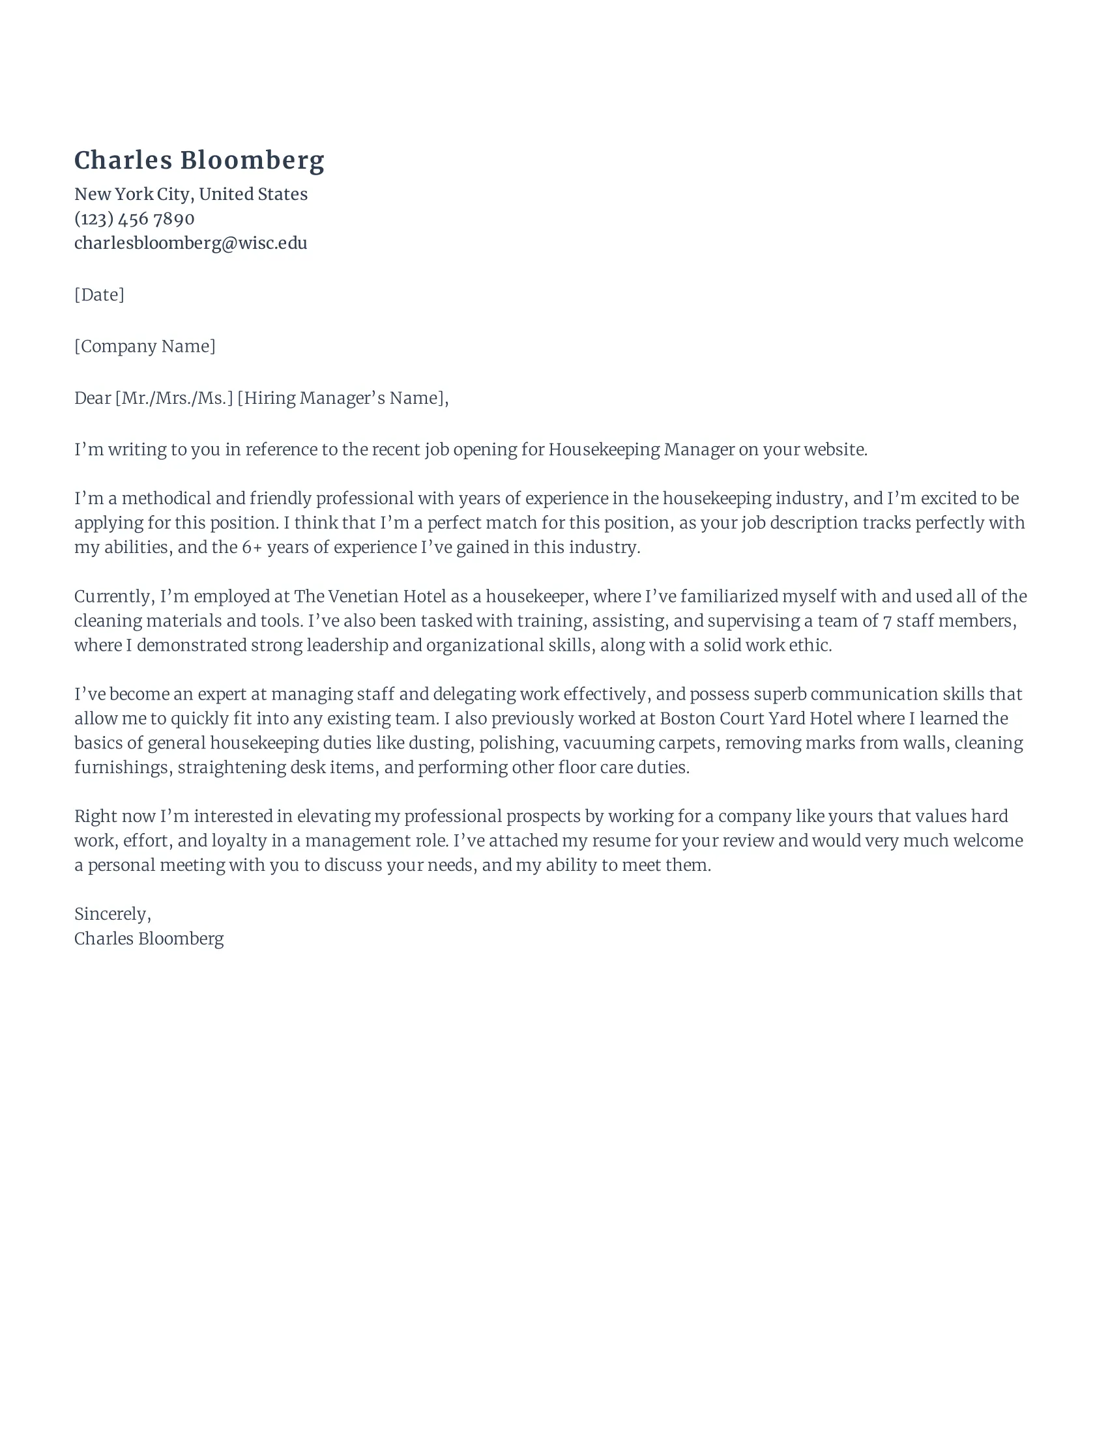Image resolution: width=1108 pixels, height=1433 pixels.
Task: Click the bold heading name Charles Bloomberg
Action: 199,161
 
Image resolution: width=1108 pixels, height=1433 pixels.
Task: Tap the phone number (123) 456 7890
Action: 134,218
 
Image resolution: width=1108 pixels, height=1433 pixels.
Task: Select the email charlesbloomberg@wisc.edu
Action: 190,243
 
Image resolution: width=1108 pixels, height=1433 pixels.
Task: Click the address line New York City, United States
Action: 190,194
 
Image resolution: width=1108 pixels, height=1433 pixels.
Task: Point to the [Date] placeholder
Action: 99,294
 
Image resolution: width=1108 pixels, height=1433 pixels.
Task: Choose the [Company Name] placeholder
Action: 145,346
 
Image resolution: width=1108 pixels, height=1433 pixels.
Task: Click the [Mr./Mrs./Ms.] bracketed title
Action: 174,398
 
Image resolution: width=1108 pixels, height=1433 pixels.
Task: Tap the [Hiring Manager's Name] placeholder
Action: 342,398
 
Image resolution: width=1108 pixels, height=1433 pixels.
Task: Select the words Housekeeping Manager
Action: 641,449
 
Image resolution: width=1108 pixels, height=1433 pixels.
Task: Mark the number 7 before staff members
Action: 887,621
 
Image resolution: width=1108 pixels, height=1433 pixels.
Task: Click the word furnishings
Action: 121,768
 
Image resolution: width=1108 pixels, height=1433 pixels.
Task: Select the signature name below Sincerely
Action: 149,938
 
